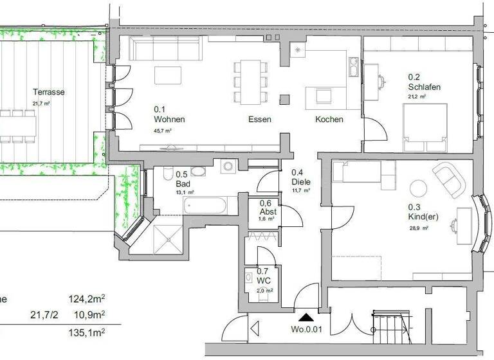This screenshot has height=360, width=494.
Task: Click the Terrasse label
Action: click(49, 92)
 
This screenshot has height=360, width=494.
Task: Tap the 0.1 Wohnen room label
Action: click(169, 114)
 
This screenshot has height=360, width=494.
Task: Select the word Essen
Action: click(260, 120)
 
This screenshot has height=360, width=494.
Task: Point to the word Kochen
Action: click(329, 120)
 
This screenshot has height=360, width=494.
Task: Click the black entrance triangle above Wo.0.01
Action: click(306, 316)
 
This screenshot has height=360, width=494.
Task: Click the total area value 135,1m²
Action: click(86, 332)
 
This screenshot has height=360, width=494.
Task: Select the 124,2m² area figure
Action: click(86, 298)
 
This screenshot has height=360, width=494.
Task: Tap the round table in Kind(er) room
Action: click(419, 188)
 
